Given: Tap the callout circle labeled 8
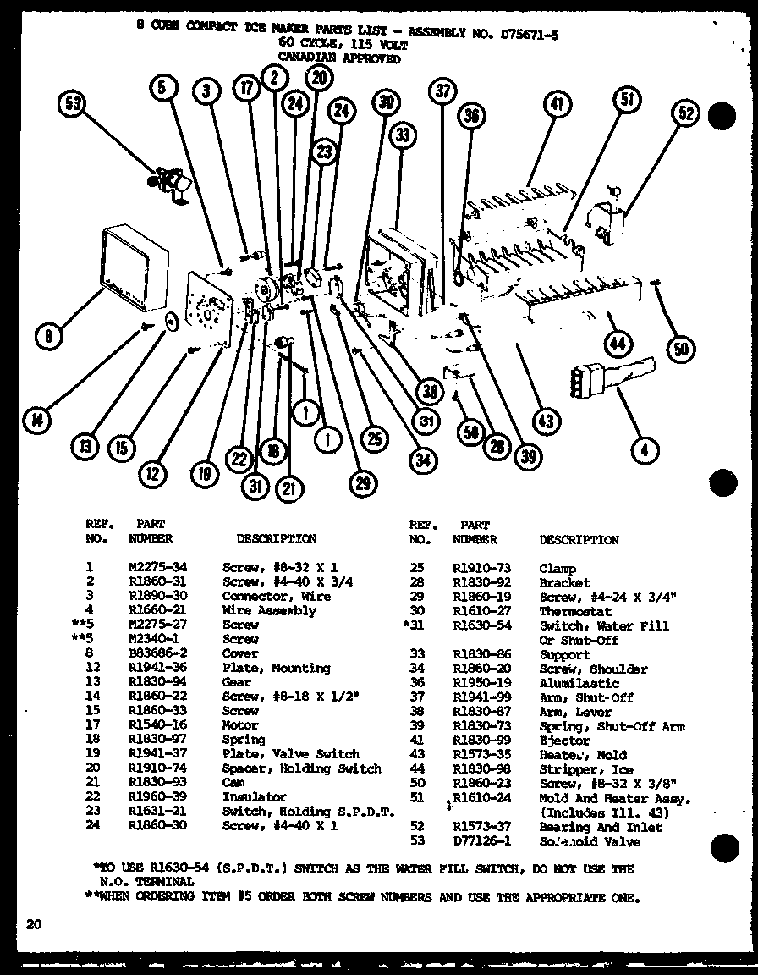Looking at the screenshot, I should [x=50, y=337].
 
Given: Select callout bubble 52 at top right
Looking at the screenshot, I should [x=686, y=113].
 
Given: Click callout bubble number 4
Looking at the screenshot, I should [x=645, y=450].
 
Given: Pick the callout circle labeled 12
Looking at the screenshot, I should [x=152, y=475].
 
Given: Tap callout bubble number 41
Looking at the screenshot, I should [x=555, y=107].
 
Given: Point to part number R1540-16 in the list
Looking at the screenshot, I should [x=151, y=725].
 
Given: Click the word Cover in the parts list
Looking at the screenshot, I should [x=240, y=653].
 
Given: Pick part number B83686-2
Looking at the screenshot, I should [x=151, y=653].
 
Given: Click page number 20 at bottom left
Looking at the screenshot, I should [x=33, y=925].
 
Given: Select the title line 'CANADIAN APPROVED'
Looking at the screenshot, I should [x=339, y=58].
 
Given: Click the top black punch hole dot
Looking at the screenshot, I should [x=721, y=117].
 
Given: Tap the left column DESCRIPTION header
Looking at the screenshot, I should [x=277, y=538].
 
